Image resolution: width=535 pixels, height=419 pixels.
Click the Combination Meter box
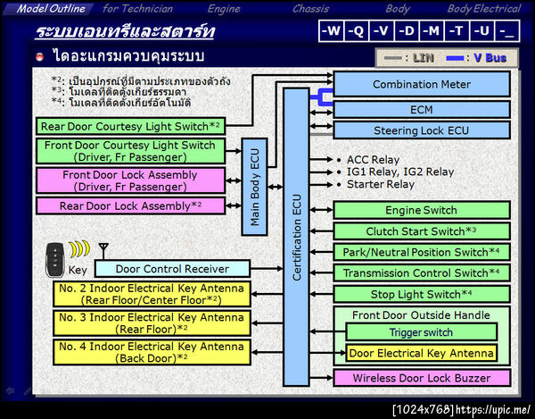422,85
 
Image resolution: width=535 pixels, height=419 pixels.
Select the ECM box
422,109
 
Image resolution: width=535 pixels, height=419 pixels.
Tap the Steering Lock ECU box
422,130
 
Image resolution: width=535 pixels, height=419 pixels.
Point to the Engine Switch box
422,211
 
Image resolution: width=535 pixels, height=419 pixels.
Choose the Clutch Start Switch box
422,231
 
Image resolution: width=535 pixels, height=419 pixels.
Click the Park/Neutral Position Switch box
422,252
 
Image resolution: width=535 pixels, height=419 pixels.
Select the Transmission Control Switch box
422,272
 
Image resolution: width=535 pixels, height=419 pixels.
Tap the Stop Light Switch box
422,294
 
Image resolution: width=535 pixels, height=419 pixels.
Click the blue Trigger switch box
422,332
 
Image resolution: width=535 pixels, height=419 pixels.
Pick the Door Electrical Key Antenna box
422,353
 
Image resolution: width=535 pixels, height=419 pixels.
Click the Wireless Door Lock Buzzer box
422,378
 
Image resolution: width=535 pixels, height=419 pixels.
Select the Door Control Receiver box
171,269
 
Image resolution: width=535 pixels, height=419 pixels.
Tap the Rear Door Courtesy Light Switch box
130,127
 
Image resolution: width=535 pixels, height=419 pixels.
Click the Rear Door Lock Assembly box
130,205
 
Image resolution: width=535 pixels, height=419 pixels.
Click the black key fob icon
54,256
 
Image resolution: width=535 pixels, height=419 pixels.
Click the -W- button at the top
332,31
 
